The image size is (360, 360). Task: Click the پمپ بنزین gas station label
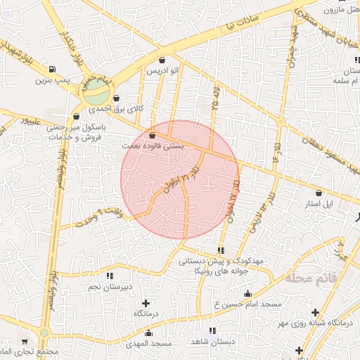coord(53,82)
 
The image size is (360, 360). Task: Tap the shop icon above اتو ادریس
coord(163,60)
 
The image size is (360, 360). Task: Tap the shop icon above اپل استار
coord(319,192)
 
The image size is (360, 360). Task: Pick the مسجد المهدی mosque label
coord(148,343)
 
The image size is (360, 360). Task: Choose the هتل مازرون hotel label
coord(340,10)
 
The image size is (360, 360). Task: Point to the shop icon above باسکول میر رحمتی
coord(76,117)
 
